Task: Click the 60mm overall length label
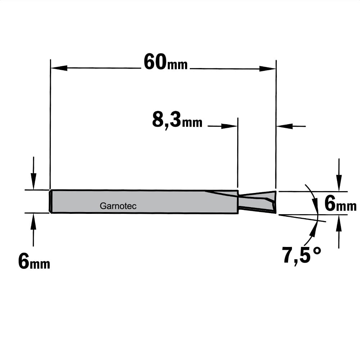(x=166, y=62)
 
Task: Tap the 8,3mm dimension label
(x=177, y=120)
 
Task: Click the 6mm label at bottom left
(x=34, y=262)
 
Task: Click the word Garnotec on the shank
(x=118, y=206)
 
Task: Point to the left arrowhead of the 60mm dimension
(x=59, y=68)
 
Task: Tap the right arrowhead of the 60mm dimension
(x=267, y=68)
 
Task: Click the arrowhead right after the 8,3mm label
(x=229, y=126)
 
